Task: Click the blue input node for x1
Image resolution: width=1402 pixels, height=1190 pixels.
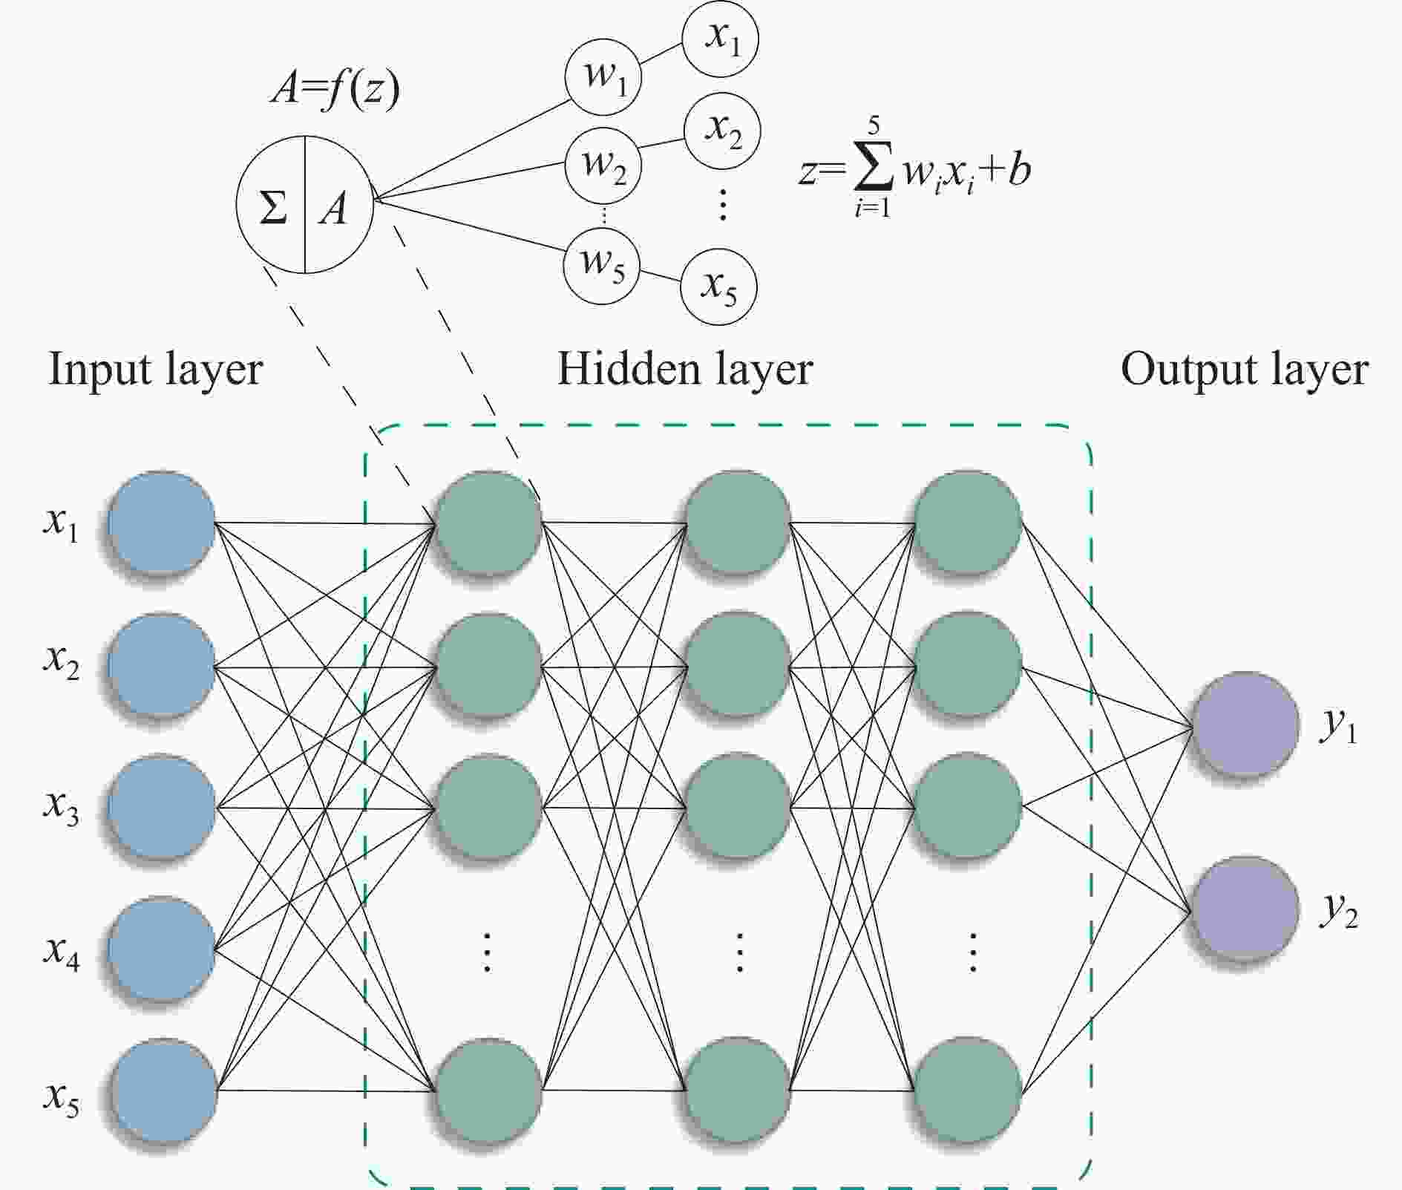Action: point(161,523)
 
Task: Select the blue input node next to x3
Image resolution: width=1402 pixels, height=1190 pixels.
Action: point(161,806)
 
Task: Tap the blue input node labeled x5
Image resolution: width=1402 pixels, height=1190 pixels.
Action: point(163,1091)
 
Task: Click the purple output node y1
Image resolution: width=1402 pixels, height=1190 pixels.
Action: point(1244,725)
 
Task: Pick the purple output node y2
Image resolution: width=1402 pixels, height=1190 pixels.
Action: point(1244,909)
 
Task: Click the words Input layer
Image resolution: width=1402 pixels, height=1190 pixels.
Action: point(155,370)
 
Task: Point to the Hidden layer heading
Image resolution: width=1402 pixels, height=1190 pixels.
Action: point(684,370)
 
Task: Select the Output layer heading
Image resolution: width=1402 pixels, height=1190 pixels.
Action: point(1244,370)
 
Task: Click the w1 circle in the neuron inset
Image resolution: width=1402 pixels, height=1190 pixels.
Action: point(603,77)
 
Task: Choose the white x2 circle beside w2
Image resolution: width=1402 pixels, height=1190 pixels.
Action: point(721,132)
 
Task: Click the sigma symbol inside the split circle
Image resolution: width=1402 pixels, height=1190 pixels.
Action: point(272,206)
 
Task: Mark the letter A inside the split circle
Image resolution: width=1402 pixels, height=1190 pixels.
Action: point(334,208)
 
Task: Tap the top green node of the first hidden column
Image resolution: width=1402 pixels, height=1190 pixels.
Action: point(488,523)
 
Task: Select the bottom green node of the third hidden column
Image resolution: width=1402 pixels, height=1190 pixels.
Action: point(966,1090)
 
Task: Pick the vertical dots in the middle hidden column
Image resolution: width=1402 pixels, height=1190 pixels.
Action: point(738,952)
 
